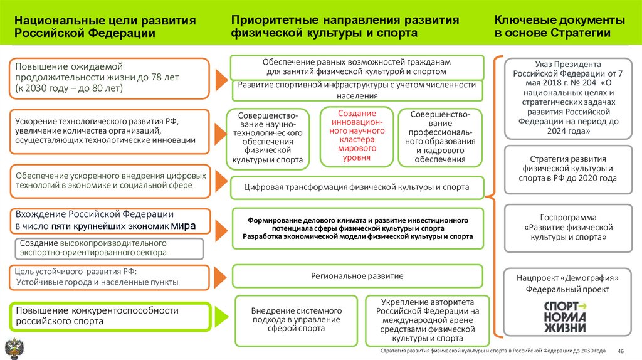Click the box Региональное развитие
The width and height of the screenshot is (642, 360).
[357, 276]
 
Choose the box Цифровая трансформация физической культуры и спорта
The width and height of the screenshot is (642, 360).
[357, 187]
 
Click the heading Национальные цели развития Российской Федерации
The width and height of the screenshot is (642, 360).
[105, 27]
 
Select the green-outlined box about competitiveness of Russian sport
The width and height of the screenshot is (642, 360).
[109, 316]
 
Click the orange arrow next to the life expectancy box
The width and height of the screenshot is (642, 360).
[221, 78]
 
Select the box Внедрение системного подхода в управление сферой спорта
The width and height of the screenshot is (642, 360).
[296, 319]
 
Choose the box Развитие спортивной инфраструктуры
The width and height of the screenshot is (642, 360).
[357, 90]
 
